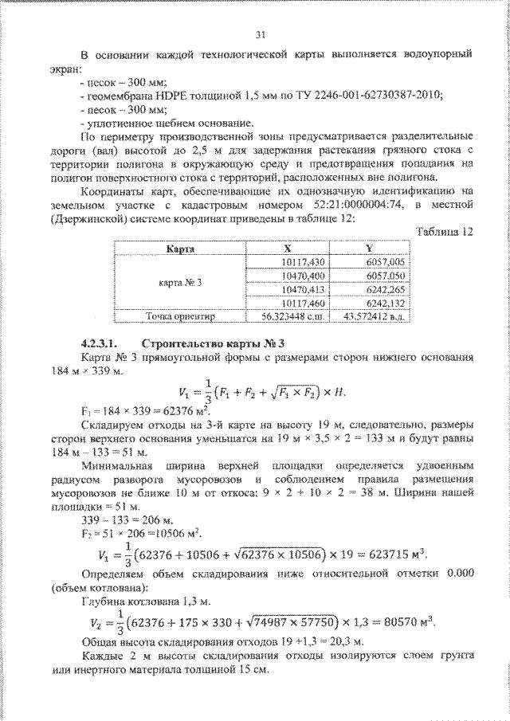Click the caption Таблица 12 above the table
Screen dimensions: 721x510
pyautogui.click(x=445, y=232)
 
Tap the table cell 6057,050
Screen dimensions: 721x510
pyautogui.click(x=386, y=276)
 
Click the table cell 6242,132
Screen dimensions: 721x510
pyautogui.click(x=386, y=303)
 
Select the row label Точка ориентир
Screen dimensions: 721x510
pyautogui.click(x=179, y=316)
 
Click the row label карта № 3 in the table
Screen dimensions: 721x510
pyautogui.click(x=181, y=283)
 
